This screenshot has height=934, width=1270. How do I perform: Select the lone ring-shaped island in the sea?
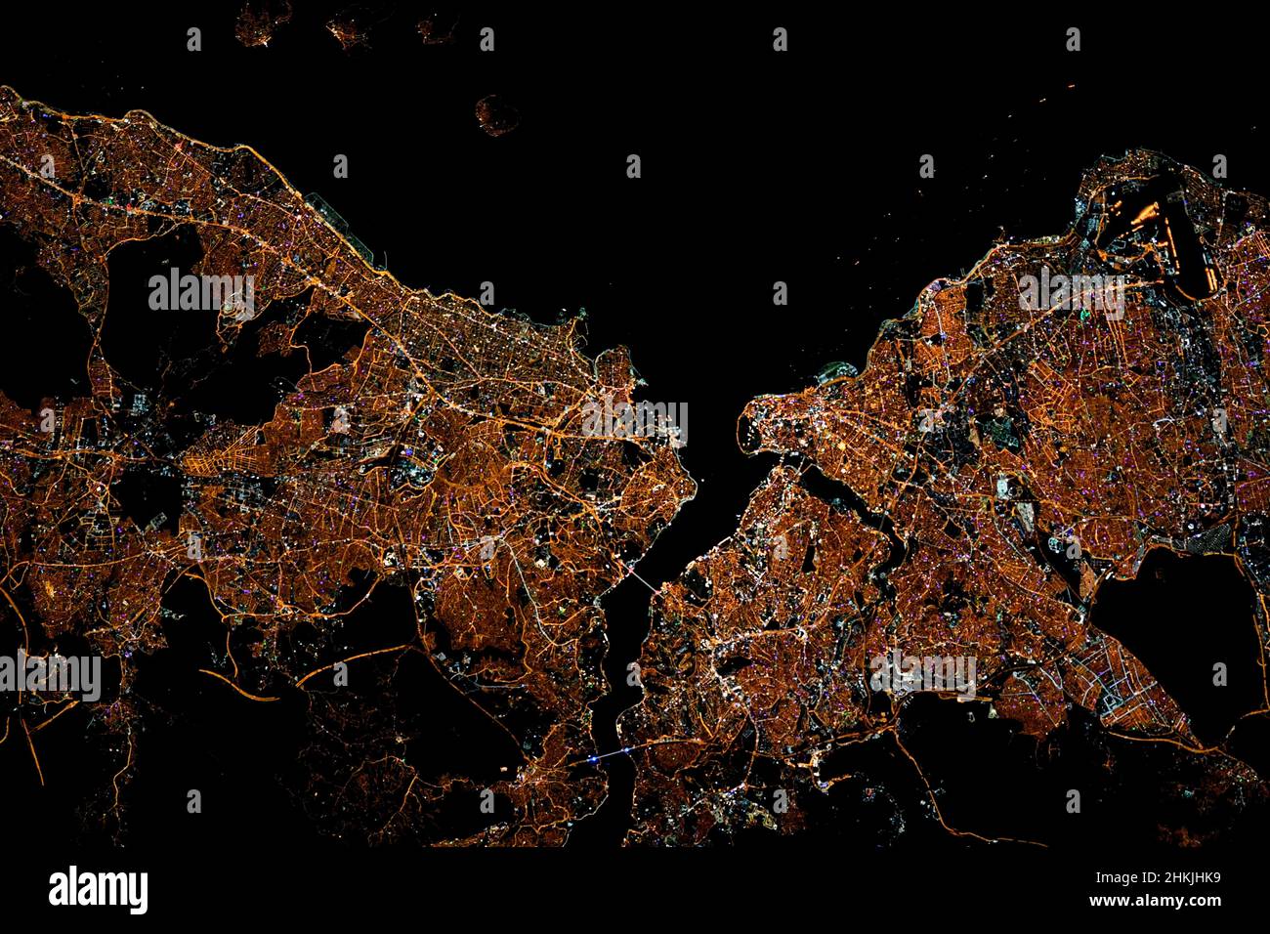(x=497, y=114)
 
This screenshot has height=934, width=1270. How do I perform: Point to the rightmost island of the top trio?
(x=436, y=27)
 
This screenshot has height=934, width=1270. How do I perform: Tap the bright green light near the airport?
(x=1083, y=315)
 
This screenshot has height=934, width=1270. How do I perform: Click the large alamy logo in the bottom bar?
(x=99, y=890)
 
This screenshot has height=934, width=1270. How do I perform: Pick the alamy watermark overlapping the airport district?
(x=1072, y=290)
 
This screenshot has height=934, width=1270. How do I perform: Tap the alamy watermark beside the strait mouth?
(x=634, y=420)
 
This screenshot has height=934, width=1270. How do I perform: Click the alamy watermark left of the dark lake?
(x=923, y=674)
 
